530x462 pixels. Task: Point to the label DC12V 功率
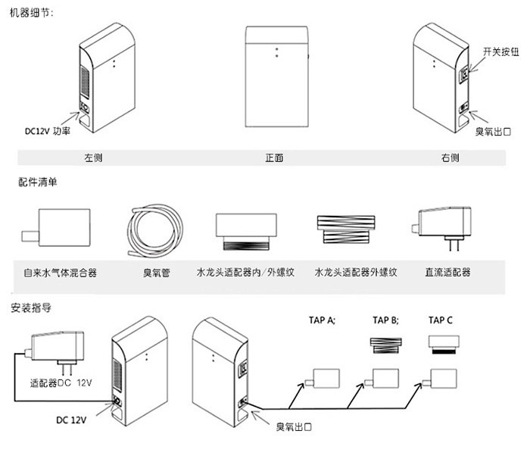(x=48, y=130)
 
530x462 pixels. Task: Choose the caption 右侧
(x=450, y=158)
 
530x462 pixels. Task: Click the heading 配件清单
(x=37, y=183)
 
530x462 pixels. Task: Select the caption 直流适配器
(x=447, y=270)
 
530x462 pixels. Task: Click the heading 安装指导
(x=32, y=308)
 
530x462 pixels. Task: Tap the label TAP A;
(x=321, y=320)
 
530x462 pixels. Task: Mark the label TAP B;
(x=386, y=320)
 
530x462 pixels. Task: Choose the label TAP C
(x=441, y=320)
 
